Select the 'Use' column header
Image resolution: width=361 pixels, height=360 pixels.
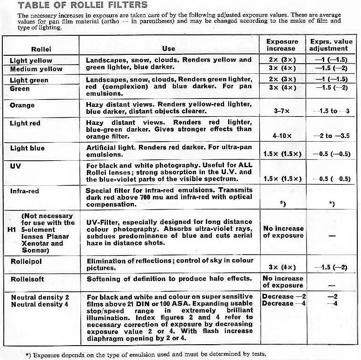coord(169,48)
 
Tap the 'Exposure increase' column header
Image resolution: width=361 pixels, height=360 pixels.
coord(282,45)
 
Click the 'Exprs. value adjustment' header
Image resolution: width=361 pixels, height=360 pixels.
coord(328,45)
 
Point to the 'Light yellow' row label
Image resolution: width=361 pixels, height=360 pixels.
coord(31,60)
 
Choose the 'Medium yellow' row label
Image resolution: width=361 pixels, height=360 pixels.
coord(36,69)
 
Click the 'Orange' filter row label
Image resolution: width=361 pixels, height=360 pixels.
coord(22,105)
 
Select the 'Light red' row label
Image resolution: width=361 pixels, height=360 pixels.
coord(25,123)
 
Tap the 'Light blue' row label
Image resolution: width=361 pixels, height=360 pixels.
coord(27,148)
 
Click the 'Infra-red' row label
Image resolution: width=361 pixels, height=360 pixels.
coord(24,190)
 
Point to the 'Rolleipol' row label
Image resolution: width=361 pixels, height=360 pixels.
coord(26,262)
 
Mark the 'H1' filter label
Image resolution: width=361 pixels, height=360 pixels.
coord(13,229)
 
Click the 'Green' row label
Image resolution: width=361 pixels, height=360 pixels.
coord(20,88)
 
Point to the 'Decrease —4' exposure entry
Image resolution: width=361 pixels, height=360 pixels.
coord(278,304)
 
